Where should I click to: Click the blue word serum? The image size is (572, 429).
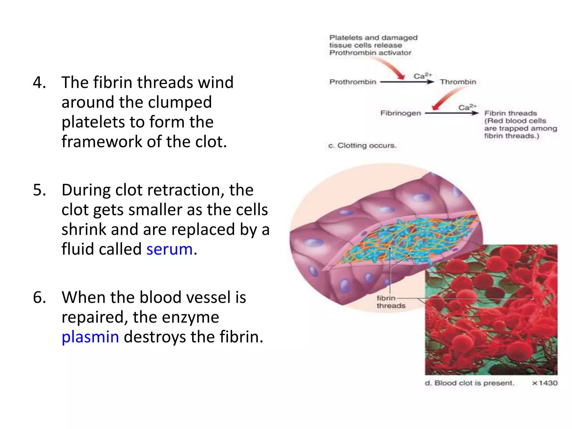pyautogui.click(x=170, y=249)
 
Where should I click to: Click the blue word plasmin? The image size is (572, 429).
pyautogui.click(x=90, y=337)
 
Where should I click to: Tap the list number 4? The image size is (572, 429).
pyautogui.click(x=39, y=83)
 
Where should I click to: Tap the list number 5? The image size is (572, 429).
pyautogui.click(x=39, y=190)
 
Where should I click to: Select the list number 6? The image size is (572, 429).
pyautogui.click(x=39, y=297)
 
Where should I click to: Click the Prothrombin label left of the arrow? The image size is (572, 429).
pyautogui.click(x=353, y=82)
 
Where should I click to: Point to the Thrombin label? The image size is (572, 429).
pyautogui.click(x=458, y=82)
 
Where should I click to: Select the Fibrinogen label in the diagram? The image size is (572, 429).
pyautogui.click(x=401, y=113)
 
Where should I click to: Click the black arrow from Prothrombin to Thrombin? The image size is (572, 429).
pyautogui.click(x=407, y=82)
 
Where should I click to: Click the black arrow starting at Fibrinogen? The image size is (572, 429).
pyautogui.click(x=451, y=113)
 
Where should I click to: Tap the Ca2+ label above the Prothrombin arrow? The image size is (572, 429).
pyautogui.click(x=422, y=76)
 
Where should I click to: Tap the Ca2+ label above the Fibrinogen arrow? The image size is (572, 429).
pyautogui.click(x=467, y=107)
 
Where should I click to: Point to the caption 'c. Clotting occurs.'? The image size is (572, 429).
pyautogui.click(x=362, y=146)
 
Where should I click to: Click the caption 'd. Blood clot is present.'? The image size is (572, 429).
pyautogui.click(x=469, y=383)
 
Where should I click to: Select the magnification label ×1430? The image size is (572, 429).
pyautogui.click(x=545, y=383)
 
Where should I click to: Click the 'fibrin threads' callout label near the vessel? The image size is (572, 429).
pyautogui.click(x=390, y=302)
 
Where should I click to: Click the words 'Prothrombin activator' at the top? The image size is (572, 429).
pyautogui.click(x=370, y=53)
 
